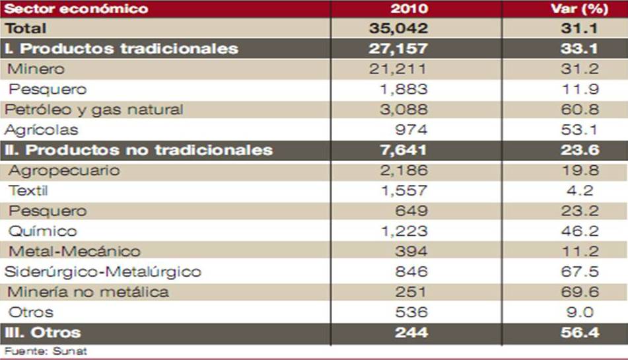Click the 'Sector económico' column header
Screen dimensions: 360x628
[76, 9]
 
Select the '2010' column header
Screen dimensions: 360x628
[409, 9]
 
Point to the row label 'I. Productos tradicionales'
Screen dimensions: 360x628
[122, 48]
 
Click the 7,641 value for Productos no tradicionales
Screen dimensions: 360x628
[404, 150]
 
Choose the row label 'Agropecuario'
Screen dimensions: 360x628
[64, 170]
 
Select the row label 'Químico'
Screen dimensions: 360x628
[43, 231]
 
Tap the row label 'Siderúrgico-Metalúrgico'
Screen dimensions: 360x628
[102, 272]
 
